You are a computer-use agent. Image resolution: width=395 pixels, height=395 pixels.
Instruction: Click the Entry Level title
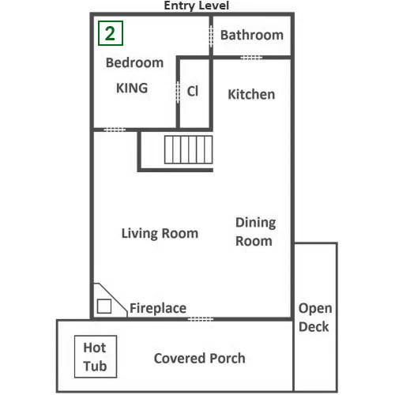pos(197,6)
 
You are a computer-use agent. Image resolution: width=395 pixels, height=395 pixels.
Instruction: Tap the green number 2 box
pos(111,33)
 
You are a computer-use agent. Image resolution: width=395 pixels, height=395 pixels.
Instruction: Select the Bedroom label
pos(134,62)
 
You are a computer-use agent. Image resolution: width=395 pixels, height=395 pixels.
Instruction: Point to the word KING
pos(132,88)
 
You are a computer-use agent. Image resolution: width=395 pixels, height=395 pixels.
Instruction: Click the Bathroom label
pos(252,35)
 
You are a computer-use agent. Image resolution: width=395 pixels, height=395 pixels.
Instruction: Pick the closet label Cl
pos(193,92)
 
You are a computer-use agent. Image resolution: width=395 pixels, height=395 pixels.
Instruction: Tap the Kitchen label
pos(251,94)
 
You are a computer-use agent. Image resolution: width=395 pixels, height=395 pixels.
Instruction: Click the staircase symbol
pos(189,149)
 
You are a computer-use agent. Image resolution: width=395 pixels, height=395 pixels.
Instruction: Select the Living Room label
pos(160,234)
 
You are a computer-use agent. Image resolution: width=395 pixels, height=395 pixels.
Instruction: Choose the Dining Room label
pos(255,231)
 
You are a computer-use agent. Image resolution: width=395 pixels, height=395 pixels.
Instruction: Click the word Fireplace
pos(158,308)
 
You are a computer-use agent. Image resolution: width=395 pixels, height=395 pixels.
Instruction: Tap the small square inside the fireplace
pos(104,307)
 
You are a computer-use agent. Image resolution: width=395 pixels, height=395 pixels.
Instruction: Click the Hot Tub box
pos(96,356)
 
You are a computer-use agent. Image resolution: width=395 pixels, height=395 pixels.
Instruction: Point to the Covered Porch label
pos(200,359)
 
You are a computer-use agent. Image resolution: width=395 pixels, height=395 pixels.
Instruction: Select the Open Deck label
pos(315,318)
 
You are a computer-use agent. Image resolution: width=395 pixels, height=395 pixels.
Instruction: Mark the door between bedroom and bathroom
pos(211,36)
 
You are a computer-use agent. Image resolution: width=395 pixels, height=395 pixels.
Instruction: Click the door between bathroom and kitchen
pos(251,58)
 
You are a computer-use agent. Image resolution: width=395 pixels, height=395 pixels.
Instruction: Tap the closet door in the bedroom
pos(178,92)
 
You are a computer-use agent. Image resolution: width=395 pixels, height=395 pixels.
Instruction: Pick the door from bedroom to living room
pos(115,130)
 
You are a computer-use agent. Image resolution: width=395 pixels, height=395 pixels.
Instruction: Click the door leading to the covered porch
pos(200,319)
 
